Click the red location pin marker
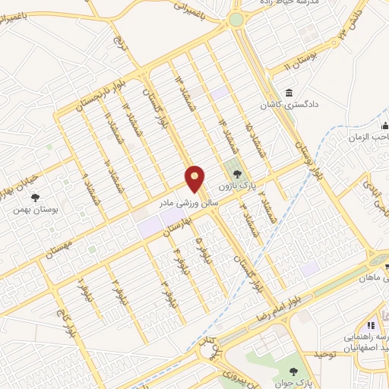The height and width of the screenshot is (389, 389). click(195, 179)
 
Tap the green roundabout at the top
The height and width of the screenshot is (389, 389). click(236, 19)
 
